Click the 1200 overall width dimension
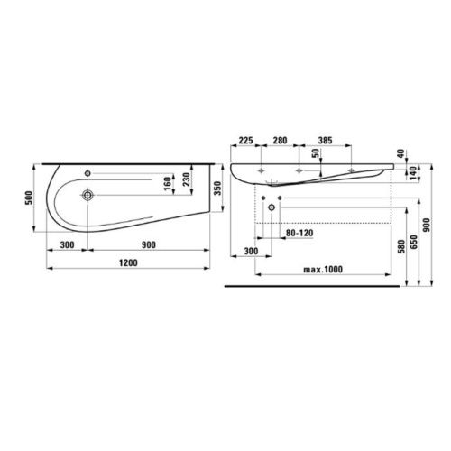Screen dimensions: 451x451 128,262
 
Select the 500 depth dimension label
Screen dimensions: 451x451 29,198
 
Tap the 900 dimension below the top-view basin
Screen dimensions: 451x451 149,244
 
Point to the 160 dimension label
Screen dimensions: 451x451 168,183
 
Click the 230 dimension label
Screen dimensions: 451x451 187,179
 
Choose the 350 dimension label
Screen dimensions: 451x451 217,189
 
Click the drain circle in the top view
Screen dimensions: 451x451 87,195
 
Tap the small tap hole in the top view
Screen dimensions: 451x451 87,173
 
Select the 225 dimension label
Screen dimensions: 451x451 246,141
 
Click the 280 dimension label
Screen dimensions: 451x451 280,141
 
